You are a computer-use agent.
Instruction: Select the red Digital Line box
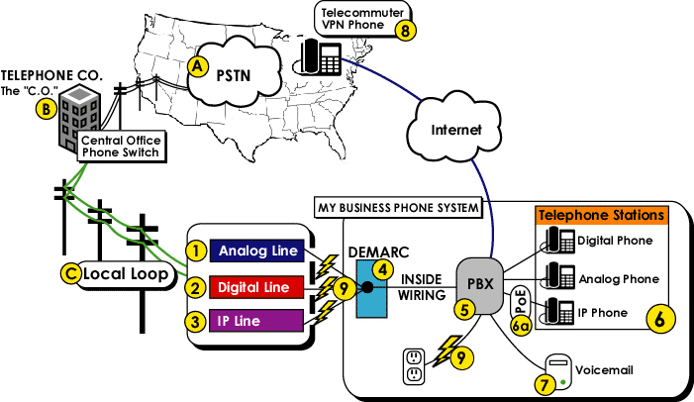pyautogui.click(x=255, y=287)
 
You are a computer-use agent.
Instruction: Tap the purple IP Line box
pyautogui.click(x=255, y=321)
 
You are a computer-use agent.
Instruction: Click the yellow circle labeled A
pyautogui.click(x=198, y=66)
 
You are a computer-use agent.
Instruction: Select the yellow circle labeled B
pyautogui.click(x=45, y=109)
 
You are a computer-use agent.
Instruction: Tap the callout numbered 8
pyautogui.click(x=404, y=30)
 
